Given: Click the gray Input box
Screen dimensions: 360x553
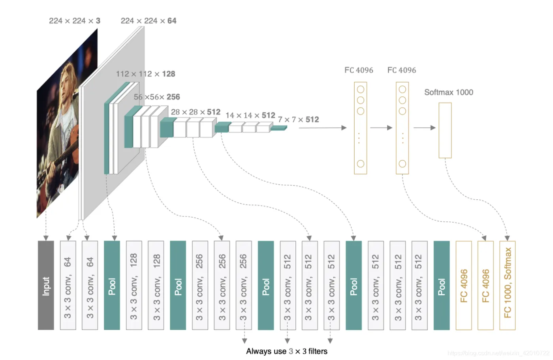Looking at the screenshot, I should tap(46, 285).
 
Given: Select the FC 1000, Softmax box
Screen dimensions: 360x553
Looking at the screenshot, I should tap(508, 285).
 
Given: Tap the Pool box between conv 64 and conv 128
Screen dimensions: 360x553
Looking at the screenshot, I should tap(112, 285).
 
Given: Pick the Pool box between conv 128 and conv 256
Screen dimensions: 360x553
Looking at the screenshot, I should tap(178, 285).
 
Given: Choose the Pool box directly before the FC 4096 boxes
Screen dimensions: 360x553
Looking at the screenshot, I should tap(442, 285).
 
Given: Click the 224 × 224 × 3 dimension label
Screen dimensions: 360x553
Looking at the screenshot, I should tap(75, 21).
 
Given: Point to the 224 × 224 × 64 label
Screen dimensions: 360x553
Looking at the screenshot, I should tap(149, 21).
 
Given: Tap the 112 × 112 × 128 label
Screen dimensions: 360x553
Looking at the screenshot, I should tap(145, 74).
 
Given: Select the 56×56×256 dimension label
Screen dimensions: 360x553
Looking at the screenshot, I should tap(157, 97).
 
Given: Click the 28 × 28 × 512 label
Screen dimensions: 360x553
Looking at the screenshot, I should tap(196, 112).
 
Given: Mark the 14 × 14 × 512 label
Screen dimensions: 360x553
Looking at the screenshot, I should tap(250, 115).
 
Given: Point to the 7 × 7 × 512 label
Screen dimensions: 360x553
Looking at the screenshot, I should tap(298, 120).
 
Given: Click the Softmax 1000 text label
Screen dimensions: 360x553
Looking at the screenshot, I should tap(449, 92).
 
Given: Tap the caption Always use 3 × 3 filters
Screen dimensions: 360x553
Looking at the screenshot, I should tap(287, 351).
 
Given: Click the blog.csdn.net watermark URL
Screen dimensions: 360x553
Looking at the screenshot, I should tap(498, 353).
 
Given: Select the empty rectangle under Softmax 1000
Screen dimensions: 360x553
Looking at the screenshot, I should tap(445, 130).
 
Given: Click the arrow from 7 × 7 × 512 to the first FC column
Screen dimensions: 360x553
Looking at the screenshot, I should tap(322, 127).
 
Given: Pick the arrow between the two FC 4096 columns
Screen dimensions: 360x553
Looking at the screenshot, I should tap(381, 127).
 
